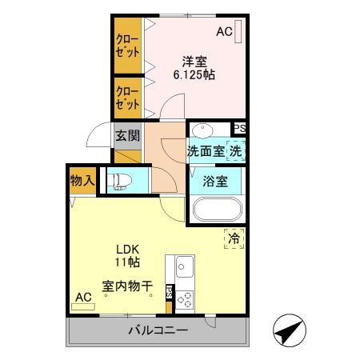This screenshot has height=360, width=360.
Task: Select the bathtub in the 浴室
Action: click(216, 210)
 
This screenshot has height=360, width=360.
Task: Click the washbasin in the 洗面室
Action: click(202, 131)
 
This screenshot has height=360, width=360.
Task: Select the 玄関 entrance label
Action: click(126, 135)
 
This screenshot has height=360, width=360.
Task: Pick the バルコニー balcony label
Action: click(157, 330)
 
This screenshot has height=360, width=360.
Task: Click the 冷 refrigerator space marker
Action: click(234, 238)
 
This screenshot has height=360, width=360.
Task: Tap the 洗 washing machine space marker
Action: click(234, 150)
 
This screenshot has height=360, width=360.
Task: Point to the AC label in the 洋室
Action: click(224, 32)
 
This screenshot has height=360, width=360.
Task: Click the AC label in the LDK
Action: click(83, 297)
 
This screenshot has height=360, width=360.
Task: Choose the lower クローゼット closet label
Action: click(126, 96)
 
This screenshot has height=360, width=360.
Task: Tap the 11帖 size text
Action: click(126, 262)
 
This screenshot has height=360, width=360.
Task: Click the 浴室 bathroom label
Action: click(216, 181)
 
